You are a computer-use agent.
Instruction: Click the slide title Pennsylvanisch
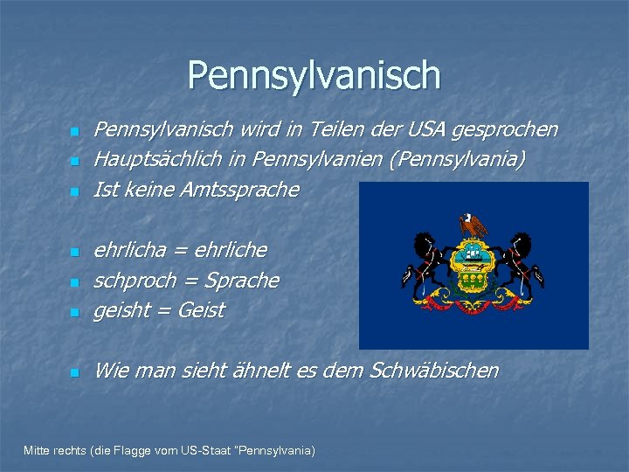(x=314, y=75)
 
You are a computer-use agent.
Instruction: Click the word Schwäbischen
(x=434, y=371)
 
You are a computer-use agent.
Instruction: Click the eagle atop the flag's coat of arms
(x=473, y=225)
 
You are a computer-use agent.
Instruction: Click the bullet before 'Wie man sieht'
(x=74, y=372)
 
